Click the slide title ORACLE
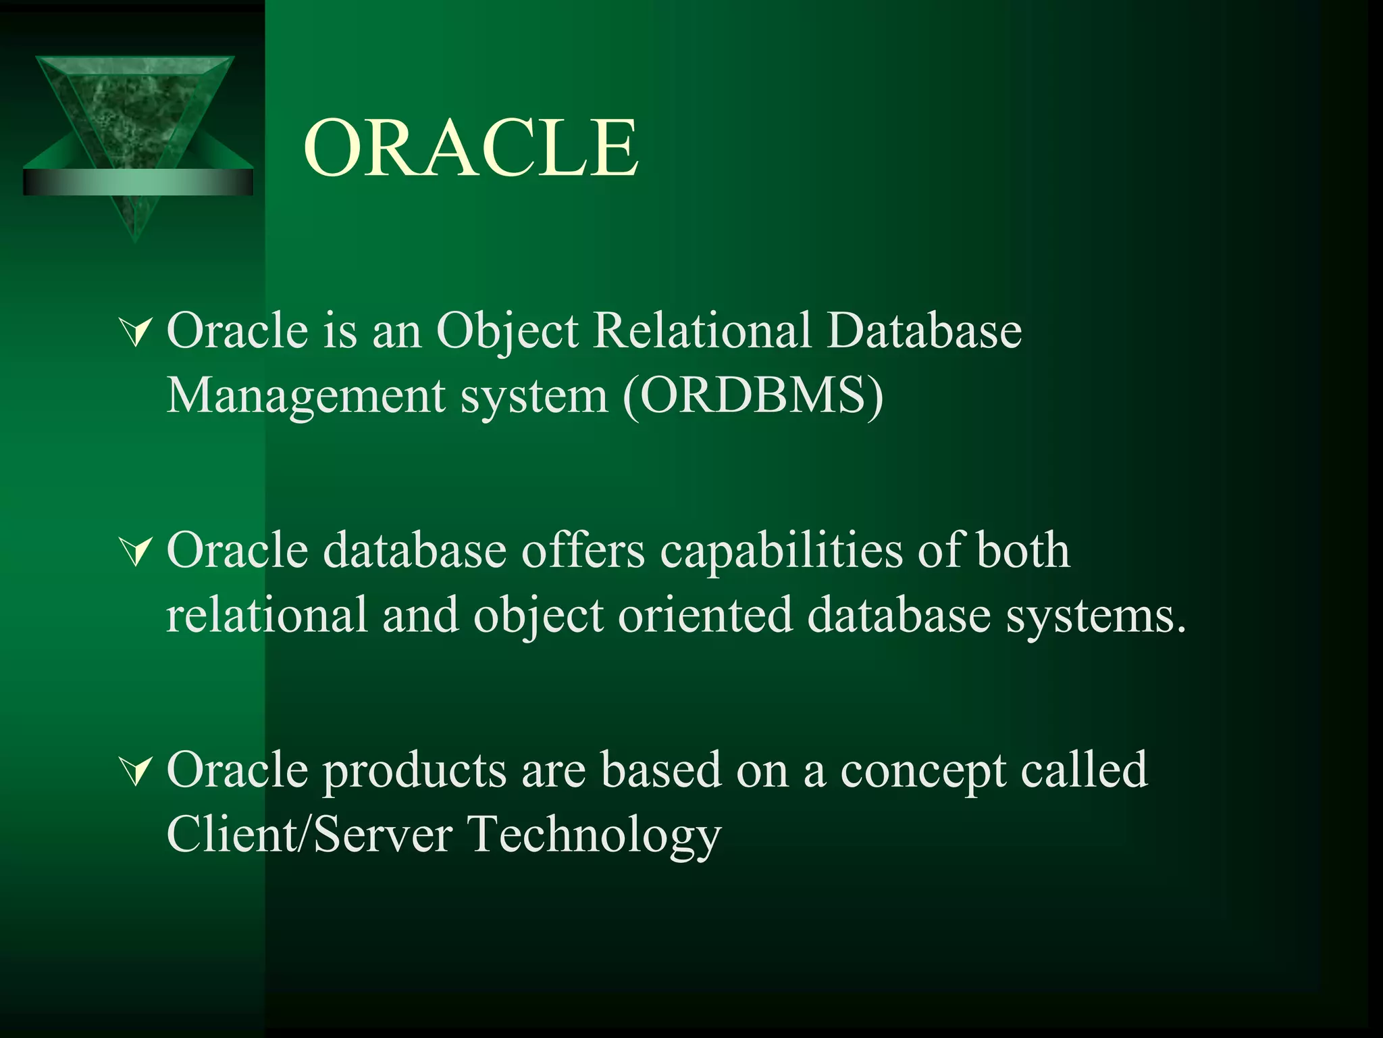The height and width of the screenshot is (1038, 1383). click(471, 148)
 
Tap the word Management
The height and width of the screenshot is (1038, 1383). click(305, 396)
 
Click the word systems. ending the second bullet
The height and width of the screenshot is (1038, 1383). click(1095, 616)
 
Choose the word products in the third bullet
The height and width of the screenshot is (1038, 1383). click(414, 770)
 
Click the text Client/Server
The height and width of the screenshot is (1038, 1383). click(309, 834)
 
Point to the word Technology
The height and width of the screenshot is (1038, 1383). click(594, 835)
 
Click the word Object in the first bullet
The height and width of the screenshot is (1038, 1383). click(507, 332)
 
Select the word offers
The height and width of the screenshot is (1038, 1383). click(583, 551)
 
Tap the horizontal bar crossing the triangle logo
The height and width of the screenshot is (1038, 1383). click(138, 182)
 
